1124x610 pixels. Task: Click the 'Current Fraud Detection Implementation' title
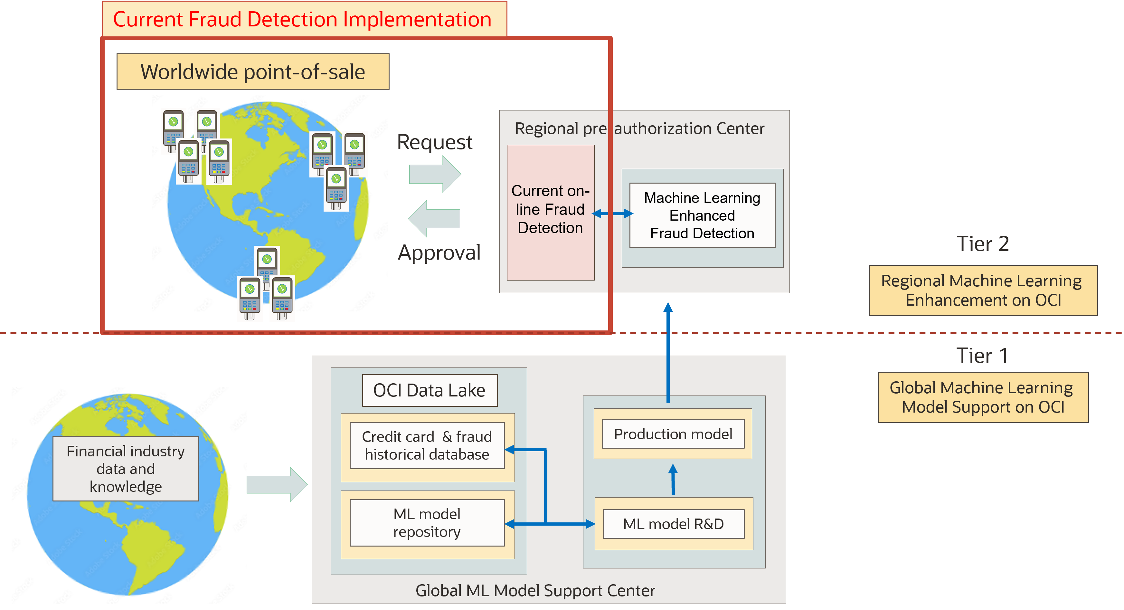tap(302, 19)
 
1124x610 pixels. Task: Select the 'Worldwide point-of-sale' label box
tap(253, 71)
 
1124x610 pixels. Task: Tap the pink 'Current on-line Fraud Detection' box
tap(550, 213)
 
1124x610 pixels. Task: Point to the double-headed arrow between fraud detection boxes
tap(612, 213)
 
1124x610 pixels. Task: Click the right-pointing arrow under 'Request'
tap(435, 174)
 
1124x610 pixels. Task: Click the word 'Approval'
tap(439, 253)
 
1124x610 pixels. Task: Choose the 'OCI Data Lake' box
tap(430, 390)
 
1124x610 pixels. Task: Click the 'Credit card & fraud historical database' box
tap(427, 445)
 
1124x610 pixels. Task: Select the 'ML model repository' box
tap(427, 523)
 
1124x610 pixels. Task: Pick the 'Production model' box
tap(673, 434)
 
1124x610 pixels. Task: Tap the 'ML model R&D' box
tap(673, 524)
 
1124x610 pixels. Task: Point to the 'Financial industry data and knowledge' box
tap(126, 469)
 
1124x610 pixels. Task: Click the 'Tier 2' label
tap(983, 243)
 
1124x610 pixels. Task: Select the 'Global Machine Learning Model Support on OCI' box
tap(983, 397)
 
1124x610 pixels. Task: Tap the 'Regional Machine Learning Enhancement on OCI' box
tap(983, 290)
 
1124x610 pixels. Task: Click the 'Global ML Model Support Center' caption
tap(535, 590)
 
